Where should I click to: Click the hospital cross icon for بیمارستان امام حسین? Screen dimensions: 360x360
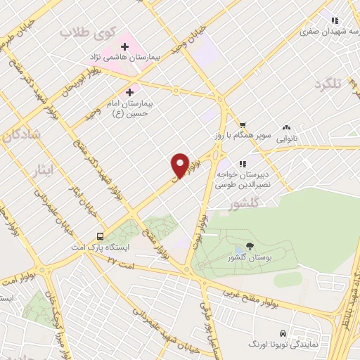129,92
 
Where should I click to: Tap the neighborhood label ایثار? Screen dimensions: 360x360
43,169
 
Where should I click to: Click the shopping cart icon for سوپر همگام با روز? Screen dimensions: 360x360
242,124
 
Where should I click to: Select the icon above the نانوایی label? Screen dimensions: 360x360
286,127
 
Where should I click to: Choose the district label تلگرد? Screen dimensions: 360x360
328,84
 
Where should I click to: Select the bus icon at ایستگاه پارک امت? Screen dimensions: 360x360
101,237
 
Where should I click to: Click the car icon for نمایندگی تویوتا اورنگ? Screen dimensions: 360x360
282,333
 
